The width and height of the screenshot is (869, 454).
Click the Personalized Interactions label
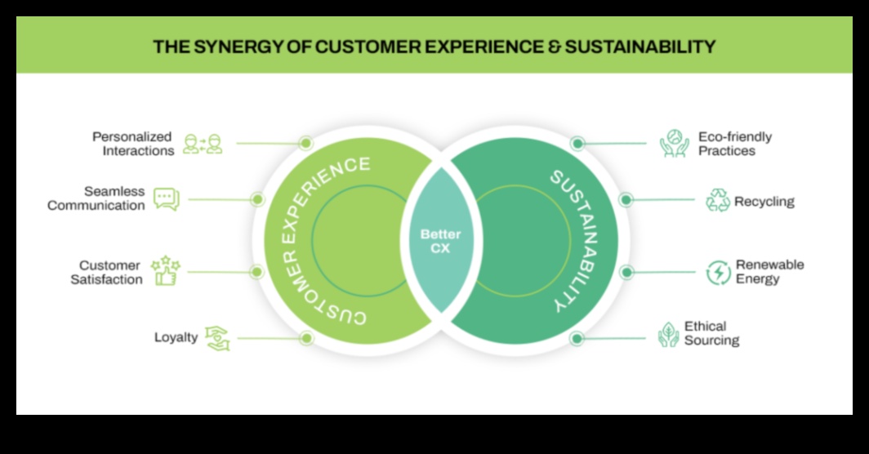click(x=133, y=144)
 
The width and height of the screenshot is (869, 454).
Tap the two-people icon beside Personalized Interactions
click(x=203, y=145)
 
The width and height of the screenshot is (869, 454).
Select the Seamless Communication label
click(x=96, y=198)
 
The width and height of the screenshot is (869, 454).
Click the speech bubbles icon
click(x=166, y=198)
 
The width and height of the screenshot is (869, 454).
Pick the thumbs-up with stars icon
click(x=166, y=271)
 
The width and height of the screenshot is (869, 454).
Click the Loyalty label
click(x=176, y=336)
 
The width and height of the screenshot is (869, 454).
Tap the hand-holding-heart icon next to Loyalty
click(x=217, y=337)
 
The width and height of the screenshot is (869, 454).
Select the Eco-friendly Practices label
click(x=734, y=144)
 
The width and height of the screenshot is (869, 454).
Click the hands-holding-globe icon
click(x=675, y=144)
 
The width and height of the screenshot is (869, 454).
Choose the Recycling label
click(x=764, y=201)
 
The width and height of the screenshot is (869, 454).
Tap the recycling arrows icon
click(x=718, y=200)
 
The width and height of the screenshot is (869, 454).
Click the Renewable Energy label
click(x=769, y=272)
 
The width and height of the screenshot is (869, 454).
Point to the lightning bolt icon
click(x=719, y=273)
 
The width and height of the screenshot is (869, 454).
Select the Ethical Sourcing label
click(x=711, y=333)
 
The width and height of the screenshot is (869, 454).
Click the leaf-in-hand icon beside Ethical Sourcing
click(x=668, y=334)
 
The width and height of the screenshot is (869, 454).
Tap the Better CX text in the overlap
click(x=440, y=241)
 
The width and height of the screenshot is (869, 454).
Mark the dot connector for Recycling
click(x=626, y=199)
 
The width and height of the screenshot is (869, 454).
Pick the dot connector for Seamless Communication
click(x=257, y=199)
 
